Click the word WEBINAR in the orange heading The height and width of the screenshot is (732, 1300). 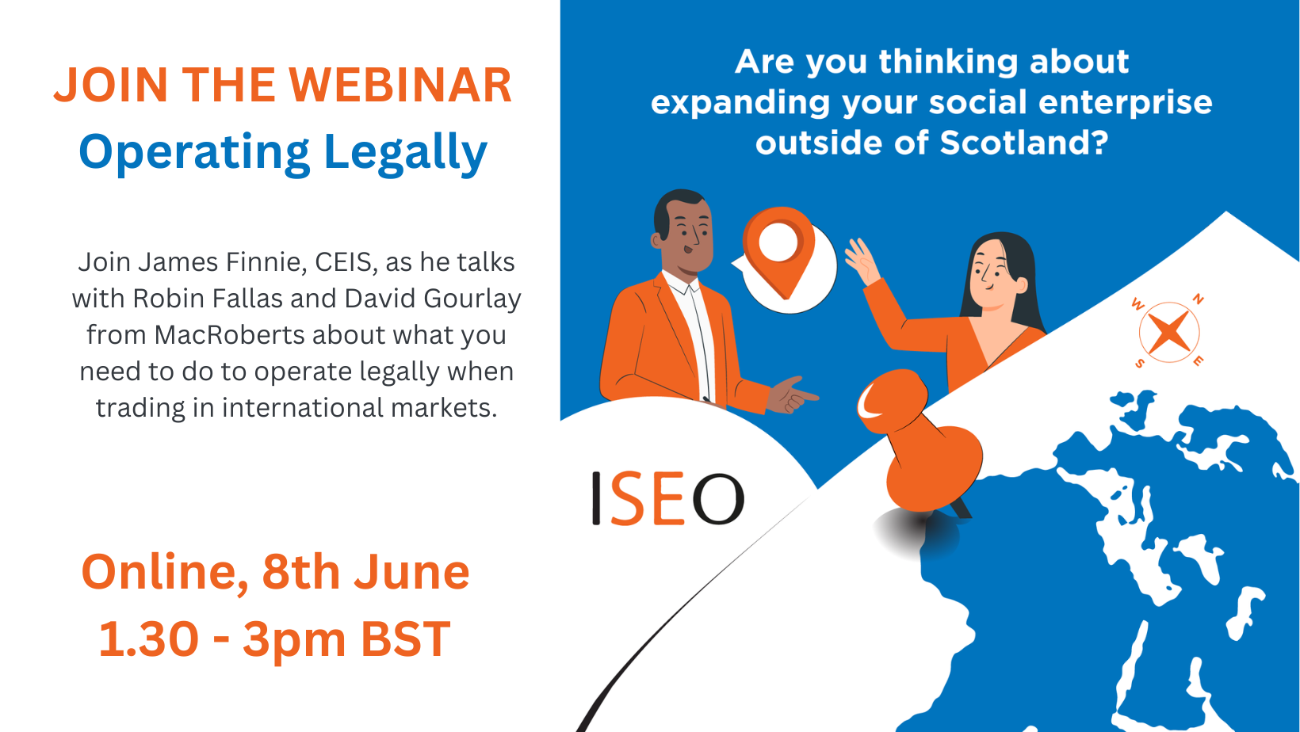click(400, 86)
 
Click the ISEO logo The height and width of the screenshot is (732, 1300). click(667, 498)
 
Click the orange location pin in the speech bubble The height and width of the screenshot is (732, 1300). click(779, 251)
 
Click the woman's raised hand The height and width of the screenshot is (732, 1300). click(862, 261)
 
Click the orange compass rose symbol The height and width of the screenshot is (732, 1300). click(1169, 333)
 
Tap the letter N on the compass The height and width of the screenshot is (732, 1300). click(1198, 300)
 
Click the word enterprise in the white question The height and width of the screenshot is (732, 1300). click(1126, 103)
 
